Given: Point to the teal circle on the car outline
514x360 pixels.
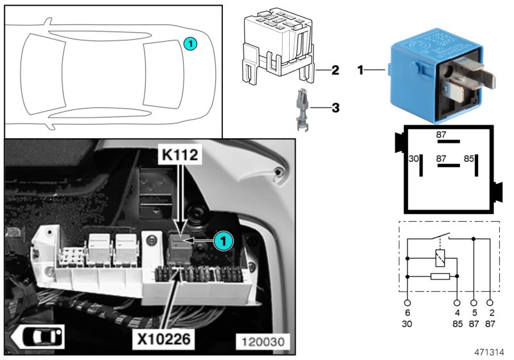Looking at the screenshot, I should click(190, 44).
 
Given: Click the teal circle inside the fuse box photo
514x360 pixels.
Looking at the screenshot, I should click(222, 240).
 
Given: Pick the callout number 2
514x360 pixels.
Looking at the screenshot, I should click(335, 69).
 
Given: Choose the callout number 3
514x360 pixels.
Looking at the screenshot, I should click(335, 108).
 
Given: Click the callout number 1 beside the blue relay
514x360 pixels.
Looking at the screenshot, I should click(361, 67).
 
